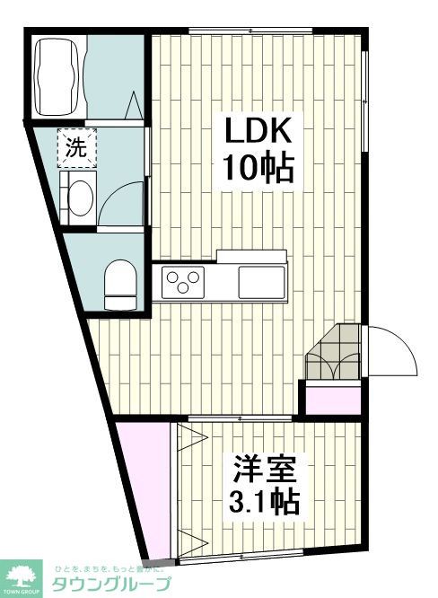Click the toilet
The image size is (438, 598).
118,284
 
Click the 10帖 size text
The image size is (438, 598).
257,167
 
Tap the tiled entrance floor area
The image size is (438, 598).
334,352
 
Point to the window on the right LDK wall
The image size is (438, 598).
365,99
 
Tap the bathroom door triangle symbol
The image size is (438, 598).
136,106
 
